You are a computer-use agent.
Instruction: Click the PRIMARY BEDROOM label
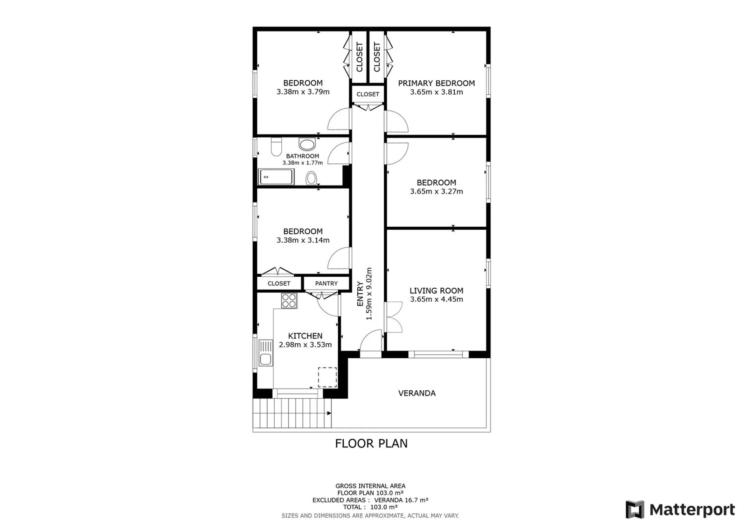436,83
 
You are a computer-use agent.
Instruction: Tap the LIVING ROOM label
436,291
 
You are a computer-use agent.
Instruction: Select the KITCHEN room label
305,336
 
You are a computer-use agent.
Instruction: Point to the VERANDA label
417,393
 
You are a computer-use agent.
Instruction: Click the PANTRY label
326,283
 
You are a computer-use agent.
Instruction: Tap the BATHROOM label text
303,156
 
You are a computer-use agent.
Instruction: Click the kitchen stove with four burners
289,301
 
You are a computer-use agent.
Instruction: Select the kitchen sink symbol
266,353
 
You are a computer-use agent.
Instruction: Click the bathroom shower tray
276,177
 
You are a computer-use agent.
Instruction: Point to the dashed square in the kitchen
327,377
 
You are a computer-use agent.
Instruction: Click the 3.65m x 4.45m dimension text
436,299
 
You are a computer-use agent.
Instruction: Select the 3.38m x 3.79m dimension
303,92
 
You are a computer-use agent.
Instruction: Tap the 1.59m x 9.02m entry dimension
369,294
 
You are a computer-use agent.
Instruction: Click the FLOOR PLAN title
371,444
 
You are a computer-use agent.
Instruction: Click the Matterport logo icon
635,510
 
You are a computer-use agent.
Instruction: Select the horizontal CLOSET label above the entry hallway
368,94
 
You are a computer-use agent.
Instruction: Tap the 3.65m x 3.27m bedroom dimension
436,191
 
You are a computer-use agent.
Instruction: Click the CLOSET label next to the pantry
279,283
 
